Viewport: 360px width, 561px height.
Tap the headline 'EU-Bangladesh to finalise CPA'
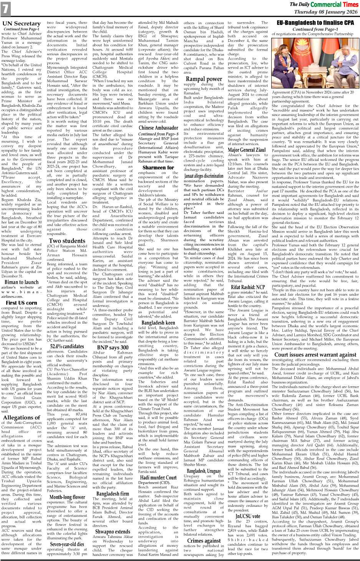[315, 23]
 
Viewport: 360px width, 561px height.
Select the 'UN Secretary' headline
[22, 23]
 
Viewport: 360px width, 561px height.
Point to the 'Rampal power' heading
[204, 79]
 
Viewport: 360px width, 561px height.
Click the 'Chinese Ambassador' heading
[158, 128]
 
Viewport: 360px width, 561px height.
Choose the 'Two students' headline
[67, 241]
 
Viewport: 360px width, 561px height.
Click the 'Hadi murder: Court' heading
[158, 478]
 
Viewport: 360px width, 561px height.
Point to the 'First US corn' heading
[22, 303]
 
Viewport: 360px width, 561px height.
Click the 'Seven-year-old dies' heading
[67, 544]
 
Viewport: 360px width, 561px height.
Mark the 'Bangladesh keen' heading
[158, 323]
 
